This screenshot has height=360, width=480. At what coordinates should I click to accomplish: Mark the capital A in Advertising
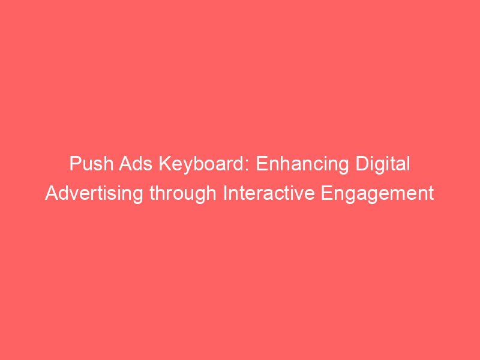(50, 194)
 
